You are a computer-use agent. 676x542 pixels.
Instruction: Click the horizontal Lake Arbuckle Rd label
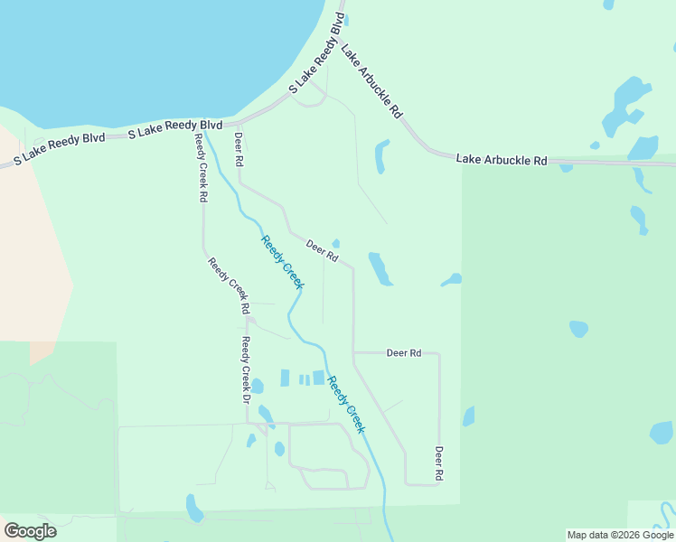pyautogui.click(x=502, y=160)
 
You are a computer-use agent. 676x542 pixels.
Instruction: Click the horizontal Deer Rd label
pyautogui.click(x=404, y=352)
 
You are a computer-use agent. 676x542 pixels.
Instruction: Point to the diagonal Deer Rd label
pyautogui.click(x=322, y=250)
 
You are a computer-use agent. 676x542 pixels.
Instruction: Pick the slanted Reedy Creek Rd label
pyautogui.click(x=229, y=285)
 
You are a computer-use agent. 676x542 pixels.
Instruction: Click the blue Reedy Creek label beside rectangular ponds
pyautogui.click(x=346, y=403)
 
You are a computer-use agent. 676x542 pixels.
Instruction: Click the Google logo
pyautogui.click(x=30, y=531)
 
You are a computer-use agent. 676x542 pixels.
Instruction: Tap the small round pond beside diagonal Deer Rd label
pyautogui.click(x=336, y=243)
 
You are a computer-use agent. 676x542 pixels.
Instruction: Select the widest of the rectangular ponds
pyautogui.click(x=318, y=378)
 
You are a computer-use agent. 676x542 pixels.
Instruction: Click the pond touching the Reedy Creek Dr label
pyautogui.click(x=257, y=386)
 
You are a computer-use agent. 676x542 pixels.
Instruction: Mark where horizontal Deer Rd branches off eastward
pyautogui.click(x=353, y=352)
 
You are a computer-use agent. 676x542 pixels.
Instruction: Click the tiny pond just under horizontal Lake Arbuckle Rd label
pyautogui.click(x=566, y=167)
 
